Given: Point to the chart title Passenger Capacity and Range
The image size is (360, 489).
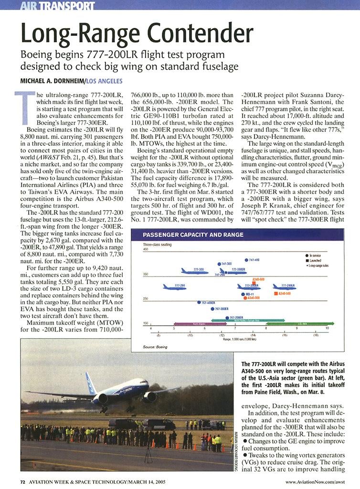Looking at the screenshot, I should (x=193, y=235).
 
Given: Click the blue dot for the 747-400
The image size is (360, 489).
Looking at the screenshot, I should (x=246, y=260).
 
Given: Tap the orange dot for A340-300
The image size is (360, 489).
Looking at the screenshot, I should (x=245, y=298).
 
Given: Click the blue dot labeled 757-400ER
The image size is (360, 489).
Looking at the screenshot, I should (x=199, y=302).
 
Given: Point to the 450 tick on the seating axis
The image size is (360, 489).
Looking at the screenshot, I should (x=146, y=249).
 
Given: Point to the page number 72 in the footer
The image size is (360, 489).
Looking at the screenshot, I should (x=22, y=481).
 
